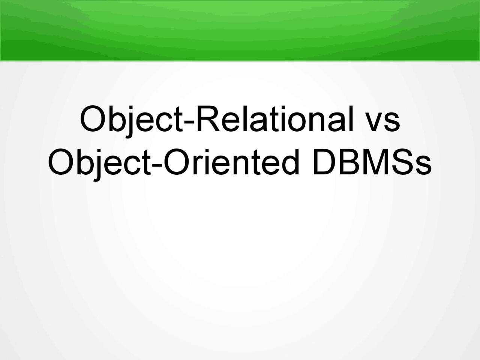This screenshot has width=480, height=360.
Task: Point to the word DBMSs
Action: [x=371, y=163]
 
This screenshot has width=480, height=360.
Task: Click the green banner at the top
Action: [x=240, y=30]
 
